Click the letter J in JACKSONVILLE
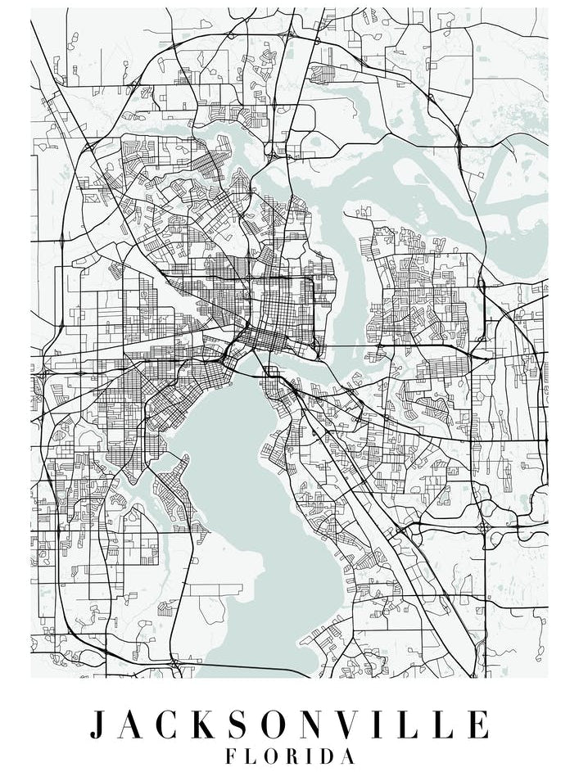100,725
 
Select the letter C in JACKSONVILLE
170,725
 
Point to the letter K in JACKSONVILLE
209,725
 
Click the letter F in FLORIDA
232,756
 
